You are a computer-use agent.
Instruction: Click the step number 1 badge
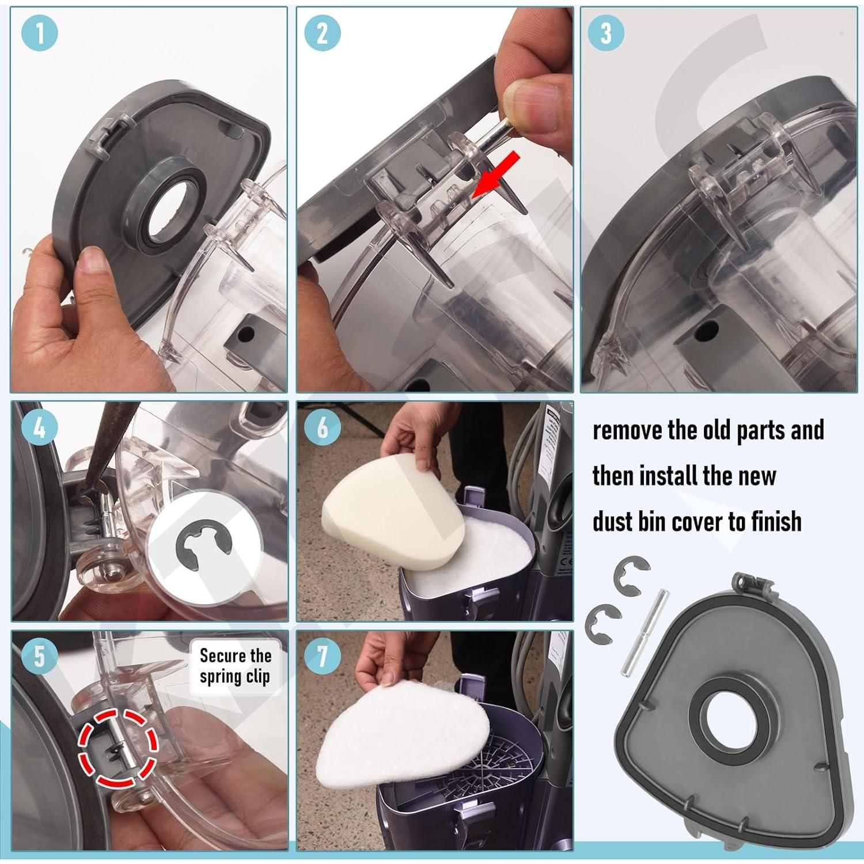point(40,33)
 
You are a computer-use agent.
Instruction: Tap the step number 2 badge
point(323,33)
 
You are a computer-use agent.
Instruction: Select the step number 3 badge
point(605,33)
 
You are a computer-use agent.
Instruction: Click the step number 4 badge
point(40,427)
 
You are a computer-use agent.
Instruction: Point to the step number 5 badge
point(40,655)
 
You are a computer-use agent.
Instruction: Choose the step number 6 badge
point(323,427)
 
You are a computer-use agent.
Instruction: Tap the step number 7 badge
point(323,655)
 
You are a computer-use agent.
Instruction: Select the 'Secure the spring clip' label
point(235,666)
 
